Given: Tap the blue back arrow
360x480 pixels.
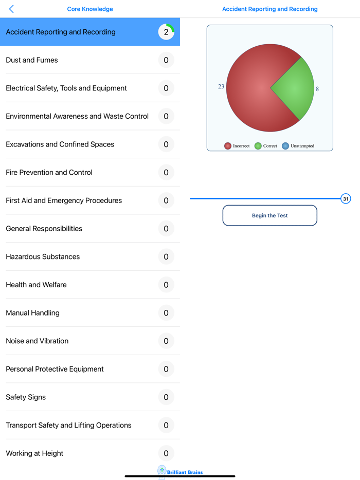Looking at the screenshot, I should tap(11, 9).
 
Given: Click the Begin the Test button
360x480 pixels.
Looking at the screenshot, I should tap(269, 215).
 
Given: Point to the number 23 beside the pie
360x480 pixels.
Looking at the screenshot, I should tap(221, 86).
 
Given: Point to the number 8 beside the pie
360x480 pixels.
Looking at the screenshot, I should tap(317, 89).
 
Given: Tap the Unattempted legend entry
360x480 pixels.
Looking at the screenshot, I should tap(298, 146).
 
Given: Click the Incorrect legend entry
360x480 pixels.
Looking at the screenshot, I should tap(237, 146).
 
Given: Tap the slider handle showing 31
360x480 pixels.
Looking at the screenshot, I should tap(346, 199).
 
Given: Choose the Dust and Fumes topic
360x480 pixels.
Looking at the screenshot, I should tap(32, 60).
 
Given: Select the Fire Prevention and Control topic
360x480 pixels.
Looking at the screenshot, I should tap(49, 173).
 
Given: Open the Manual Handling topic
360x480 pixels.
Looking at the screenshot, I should tap(32, 313).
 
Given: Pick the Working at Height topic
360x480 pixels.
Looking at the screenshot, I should tap(34, 453).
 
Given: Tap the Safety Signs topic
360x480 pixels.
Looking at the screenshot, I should tap(26, 397).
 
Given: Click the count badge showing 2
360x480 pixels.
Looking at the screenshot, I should tap(166, 32).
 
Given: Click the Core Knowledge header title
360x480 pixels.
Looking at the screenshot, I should tap(90, 9).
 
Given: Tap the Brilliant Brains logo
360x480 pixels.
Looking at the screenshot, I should tap(180, 471).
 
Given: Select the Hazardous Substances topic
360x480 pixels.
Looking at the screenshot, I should tap(43, 257).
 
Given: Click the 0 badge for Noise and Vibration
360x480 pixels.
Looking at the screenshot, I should tap(166, 341).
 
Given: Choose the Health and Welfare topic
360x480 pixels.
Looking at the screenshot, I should tap(36, 285).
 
